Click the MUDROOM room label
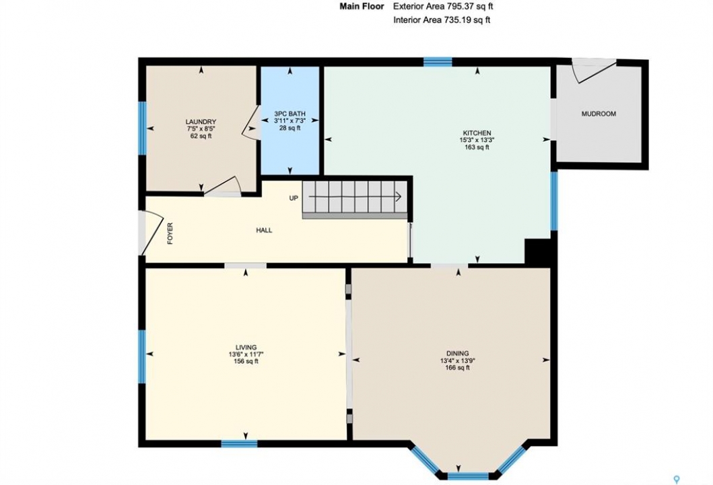tap(599, 114)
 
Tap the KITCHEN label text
tap(477, 133)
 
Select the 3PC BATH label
tap(290, 114)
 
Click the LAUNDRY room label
tap(201, 121)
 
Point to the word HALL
tap(264, 230)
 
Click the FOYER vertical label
tap(170, 233)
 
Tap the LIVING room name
tap(246, 347)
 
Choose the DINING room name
tap(457, 354)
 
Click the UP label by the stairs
tap(294, 198)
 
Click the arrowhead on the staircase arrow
tap(399, 197)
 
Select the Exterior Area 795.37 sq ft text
tap(443, 6)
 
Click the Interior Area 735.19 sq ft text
tap(442, 20)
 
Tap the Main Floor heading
tap(362, 6)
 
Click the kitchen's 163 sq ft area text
tap(477, 147)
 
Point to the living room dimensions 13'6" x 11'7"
tap(246, 354)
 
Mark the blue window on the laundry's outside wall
tap(142, 128)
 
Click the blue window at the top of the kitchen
tap(438, 62)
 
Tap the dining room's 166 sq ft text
tap(457, 368)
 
